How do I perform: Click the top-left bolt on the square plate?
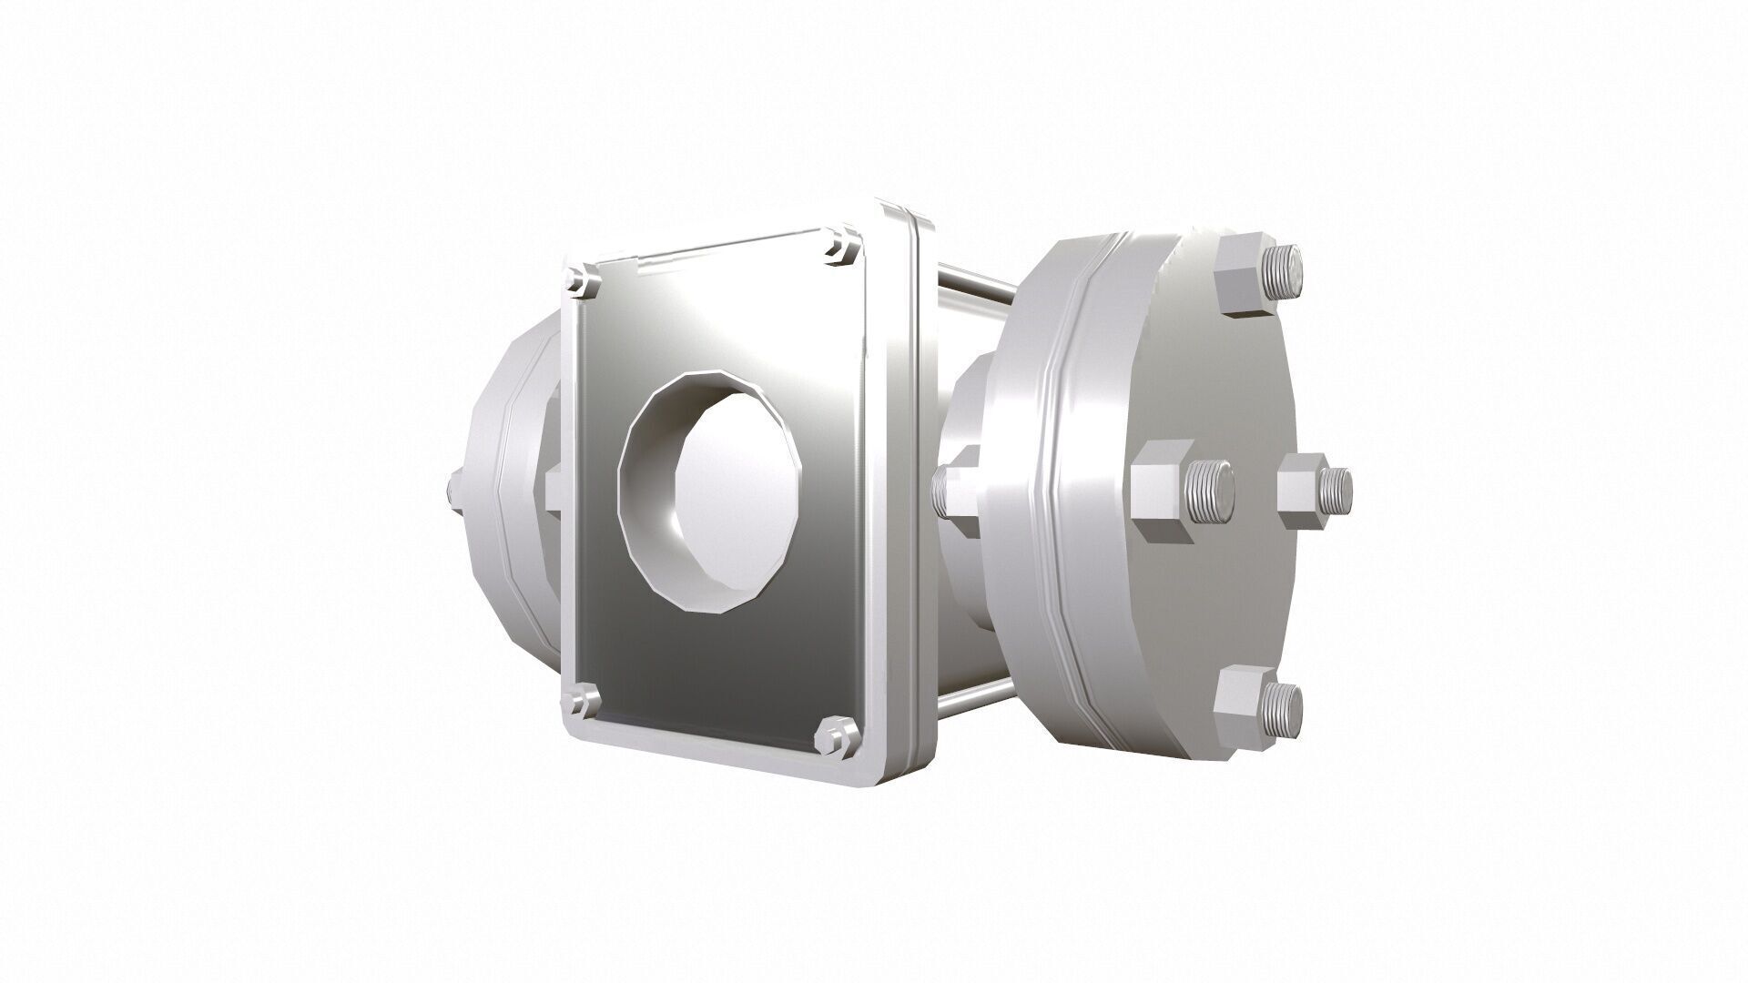click(581, 279)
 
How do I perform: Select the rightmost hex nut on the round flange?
click(1302, 492)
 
